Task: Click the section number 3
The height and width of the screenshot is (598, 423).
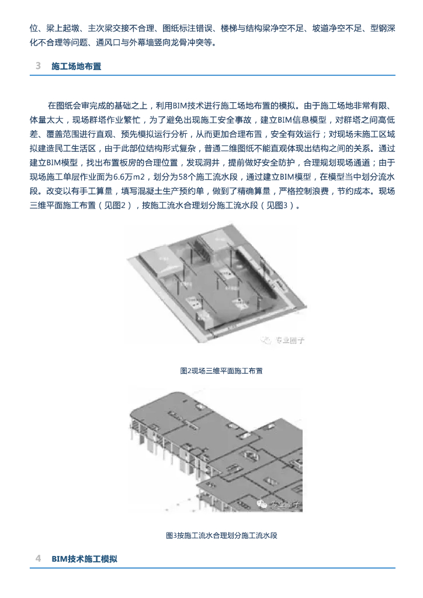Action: tap(38, 67)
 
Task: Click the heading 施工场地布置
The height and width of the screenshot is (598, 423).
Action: tap(77, 67)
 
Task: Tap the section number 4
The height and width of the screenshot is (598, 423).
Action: tap(38, 559)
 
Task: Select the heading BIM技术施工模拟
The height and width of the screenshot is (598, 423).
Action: tap(84, 559)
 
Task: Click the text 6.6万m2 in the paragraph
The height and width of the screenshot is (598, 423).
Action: tap(128, 177)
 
